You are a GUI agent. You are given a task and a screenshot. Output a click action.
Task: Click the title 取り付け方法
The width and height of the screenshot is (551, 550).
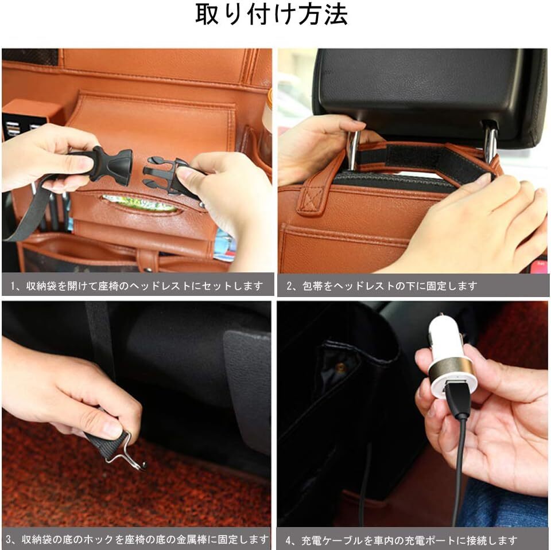pos(271,15)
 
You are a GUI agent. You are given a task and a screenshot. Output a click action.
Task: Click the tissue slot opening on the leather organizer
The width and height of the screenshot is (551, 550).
pos(141,204)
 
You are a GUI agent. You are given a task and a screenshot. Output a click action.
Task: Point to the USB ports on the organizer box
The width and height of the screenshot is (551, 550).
pos(22,129)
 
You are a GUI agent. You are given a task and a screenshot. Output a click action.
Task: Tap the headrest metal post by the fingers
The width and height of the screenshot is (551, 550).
pos(354,149)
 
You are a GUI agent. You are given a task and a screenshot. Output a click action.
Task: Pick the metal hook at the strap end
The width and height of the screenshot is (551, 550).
pos(124,453)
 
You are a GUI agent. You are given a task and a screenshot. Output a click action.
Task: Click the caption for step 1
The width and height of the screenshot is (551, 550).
pos(137,286)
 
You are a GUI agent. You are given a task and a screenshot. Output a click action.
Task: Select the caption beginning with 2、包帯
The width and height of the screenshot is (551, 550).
pos(382,286)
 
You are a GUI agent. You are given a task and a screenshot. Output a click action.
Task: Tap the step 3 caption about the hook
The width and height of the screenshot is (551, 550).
pos(137,539)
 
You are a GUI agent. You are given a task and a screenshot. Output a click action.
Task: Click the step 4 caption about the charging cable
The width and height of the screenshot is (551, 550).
pos(401,540)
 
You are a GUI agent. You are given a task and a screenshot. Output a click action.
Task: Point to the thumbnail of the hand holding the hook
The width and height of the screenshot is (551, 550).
pos(137,415)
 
